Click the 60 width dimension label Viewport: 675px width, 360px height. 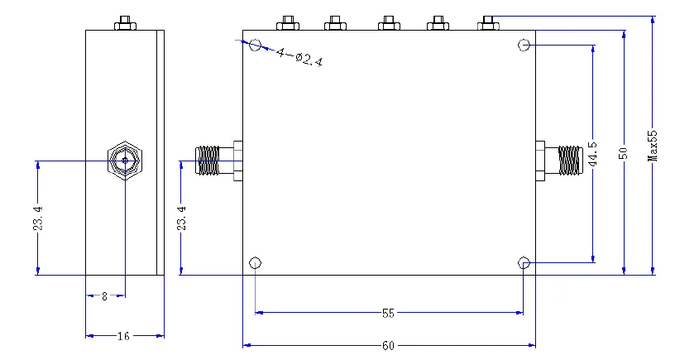388,345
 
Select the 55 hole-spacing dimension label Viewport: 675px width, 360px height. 388,313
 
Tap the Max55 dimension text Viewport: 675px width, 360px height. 653,146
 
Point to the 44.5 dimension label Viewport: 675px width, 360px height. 593,154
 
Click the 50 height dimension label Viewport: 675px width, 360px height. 623,153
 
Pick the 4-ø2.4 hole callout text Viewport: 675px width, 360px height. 299,57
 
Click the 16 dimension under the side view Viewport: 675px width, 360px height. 123,336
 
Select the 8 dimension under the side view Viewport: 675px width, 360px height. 104,296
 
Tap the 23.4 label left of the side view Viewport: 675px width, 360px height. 38,218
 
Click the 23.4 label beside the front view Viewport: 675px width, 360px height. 182,218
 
